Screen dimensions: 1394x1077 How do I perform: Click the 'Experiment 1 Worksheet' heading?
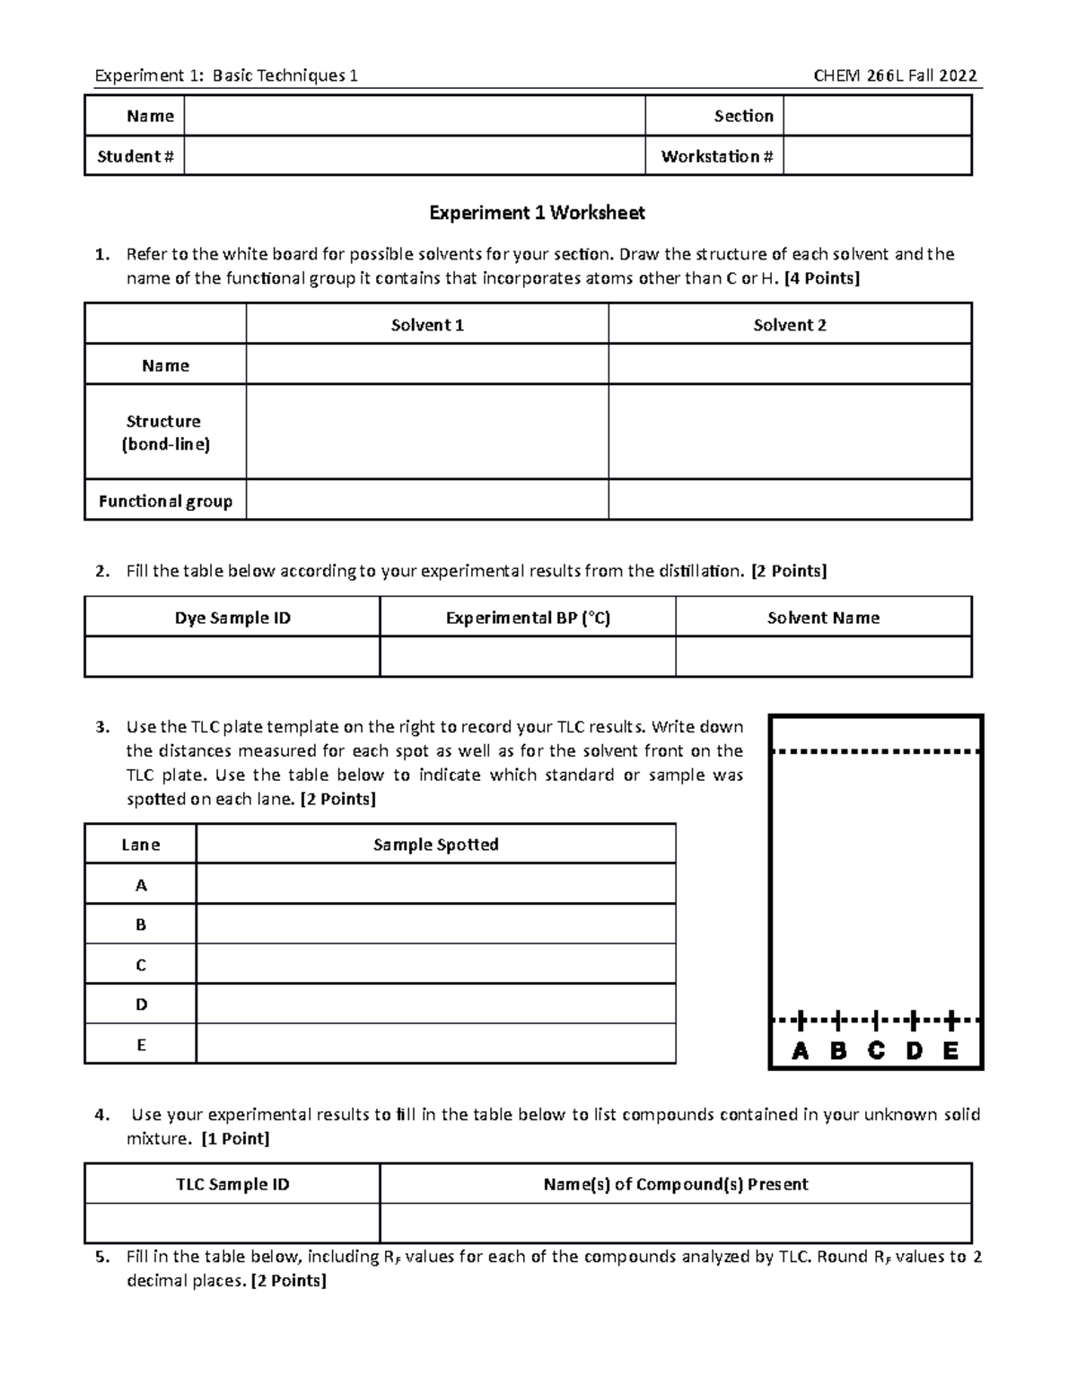click(x=537, y=213)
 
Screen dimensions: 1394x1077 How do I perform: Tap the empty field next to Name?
click(x=414, y=116)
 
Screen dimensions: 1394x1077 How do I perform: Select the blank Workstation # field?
click(x=877, y=156)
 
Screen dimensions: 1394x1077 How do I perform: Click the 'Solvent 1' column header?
click(x=427, y=325)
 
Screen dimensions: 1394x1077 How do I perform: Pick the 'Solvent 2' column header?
click(x=790, y=325)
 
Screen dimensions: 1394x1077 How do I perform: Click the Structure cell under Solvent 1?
click(x=427, y=432)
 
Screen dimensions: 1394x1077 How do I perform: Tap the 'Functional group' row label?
click(x=165, y=501)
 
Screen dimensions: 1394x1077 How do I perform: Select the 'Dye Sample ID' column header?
click(x=232, y=618)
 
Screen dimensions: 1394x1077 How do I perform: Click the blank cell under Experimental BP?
click(x=528, y=657)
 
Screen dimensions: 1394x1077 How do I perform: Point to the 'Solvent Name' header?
click(x=823, y=618)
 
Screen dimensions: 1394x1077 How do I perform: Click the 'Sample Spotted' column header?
click(x=435, y=845)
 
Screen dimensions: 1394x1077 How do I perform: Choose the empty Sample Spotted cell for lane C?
click(x=435, y=965)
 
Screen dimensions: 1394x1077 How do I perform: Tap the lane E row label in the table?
click(x=141, y=1045)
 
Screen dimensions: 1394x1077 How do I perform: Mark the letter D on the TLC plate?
click(x=914, y=1051)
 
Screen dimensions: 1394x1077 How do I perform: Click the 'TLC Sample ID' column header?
click(x=232, y=1184)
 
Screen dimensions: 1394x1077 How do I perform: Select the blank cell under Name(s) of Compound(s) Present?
click(x=676, y=1223)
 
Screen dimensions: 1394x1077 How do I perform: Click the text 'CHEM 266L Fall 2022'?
click(x=895, y=75)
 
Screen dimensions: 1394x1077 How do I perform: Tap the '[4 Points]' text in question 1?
click(x=821, y=278)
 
